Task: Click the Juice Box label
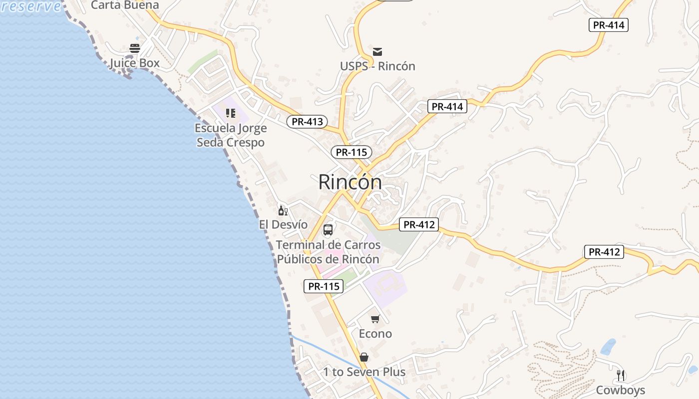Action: pos(135,63)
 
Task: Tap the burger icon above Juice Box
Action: pos(135,48)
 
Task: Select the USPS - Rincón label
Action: pos(377,66)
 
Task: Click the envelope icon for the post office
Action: pos(377,51)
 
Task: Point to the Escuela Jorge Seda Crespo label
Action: pos(231,135)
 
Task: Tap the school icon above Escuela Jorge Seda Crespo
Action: pos(230,113)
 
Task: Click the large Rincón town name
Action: pos(350,182)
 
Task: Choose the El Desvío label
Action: pos(283,224)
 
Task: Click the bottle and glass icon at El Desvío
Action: pos(283,210)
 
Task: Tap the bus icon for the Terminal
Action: pos(328,230)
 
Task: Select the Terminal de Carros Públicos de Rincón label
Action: pos(328,252)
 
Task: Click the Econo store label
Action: pos(375,333)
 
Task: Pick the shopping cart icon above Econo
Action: pos(375,319)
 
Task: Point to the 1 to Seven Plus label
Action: pos(364,372)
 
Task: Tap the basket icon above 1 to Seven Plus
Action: pos(364,357)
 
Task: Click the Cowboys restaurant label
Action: pos(621,390)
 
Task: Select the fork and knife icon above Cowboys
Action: pos(621,375)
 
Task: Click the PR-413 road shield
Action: pos(307,121)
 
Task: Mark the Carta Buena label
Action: pos(125,5)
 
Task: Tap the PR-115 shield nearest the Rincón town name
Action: pos(351,152)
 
